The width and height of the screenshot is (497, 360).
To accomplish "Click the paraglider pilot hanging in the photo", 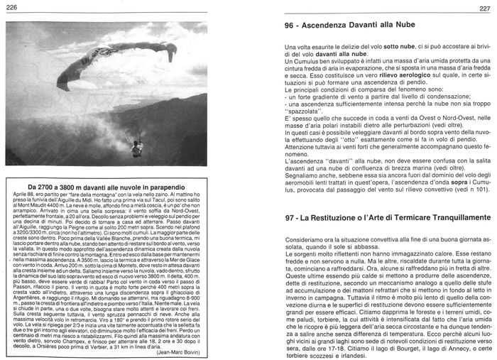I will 138,148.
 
